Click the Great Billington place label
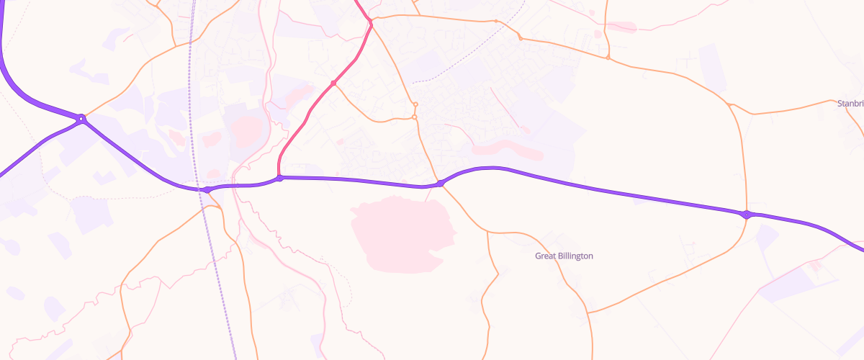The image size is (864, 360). (564, 256)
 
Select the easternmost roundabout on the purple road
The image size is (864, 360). (747, 214)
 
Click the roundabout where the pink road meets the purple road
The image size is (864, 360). (279, 178)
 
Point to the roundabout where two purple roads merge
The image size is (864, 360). (82, 118)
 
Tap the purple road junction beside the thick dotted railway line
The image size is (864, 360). (207, 190)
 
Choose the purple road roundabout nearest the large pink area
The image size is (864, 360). (441, 184)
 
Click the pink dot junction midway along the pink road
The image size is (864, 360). (333, 84)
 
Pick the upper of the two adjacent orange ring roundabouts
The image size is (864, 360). (415, 105)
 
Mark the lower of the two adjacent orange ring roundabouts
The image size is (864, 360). (415, 117)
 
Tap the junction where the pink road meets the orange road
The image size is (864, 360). (371, 24)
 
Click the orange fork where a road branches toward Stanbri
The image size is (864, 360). (730, 105)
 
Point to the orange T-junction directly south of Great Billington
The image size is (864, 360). (588, 312)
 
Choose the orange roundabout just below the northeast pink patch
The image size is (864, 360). (608, 58)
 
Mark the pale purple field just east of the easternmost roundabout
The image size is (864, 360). (766, 238)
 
